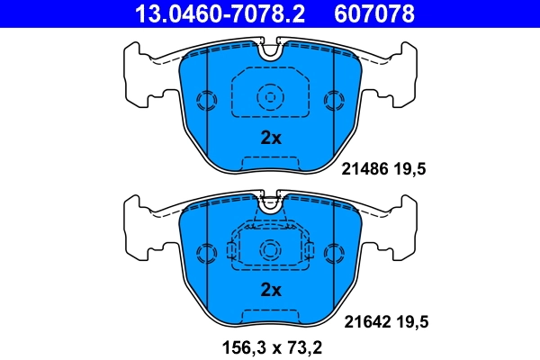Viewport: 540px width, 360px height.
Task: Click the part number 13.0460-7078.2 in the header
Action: (x=210, y=14)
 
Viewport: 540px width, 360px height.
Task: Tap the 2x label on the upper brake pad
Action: (x=271, y=139)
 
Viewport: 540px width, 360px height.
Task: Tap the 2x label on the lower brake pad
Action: (x=271, y=290)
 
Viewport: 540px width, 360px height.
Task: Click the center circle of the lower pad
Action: (x=271, y=249)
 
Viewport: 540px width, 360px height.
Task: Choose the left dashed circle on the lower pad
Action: (x=208, y=251)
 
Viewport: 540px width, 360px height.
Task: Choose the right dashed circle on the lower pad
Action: (x=334, y=251)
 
